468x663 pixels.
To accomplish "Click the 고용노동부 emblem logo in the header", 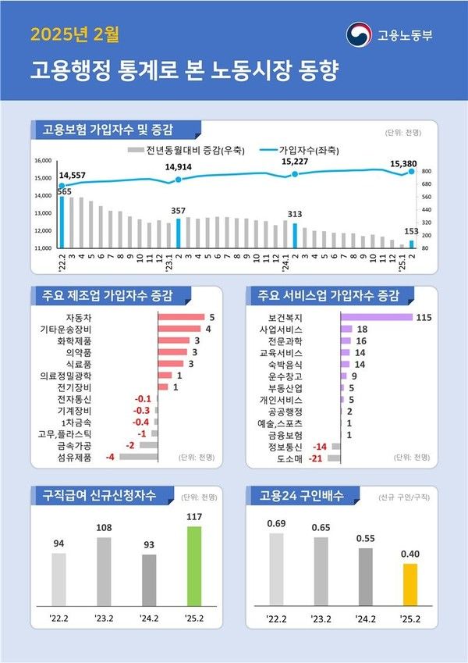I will (359, 34).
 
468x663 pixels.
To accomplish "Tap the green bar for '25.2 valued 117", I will (194, 566).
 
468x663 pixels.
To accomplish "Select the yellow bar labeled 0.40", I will (410, 585).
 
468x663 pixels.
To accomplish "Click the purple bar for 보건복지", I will (376, 317).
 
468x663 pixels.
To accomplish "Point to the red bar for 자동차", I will (181, 317).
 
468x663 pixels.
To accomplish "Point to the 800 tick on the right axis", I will (427, 170).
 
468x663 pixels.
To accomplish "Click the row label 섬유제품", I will (76, 456).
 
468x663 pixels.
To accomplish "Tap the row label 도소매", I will (289, 458).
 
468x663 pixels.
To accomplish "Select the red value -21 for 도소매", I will (317, 458).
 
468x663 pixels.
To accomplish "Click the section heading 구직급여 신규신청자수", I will (105, 494).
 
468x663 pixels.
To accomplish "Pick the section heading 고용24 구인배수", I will (302, 494).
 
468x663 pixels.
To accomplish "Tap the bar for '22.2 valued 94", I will (59, 579).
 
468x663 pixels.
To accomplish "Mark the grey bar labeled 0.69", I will (276, 569).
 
